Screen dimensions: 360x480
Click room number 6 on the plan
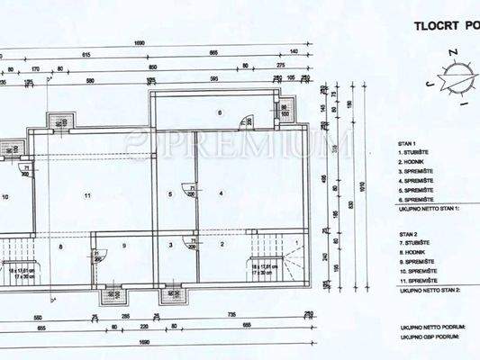coord(219,112)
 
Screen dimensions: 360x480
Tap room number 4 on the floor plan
coord(220,193)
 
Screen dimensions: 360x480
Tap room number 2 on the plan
coord(221,244)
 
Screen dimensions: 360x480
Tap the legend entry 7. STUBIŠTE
coord(417,243)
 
